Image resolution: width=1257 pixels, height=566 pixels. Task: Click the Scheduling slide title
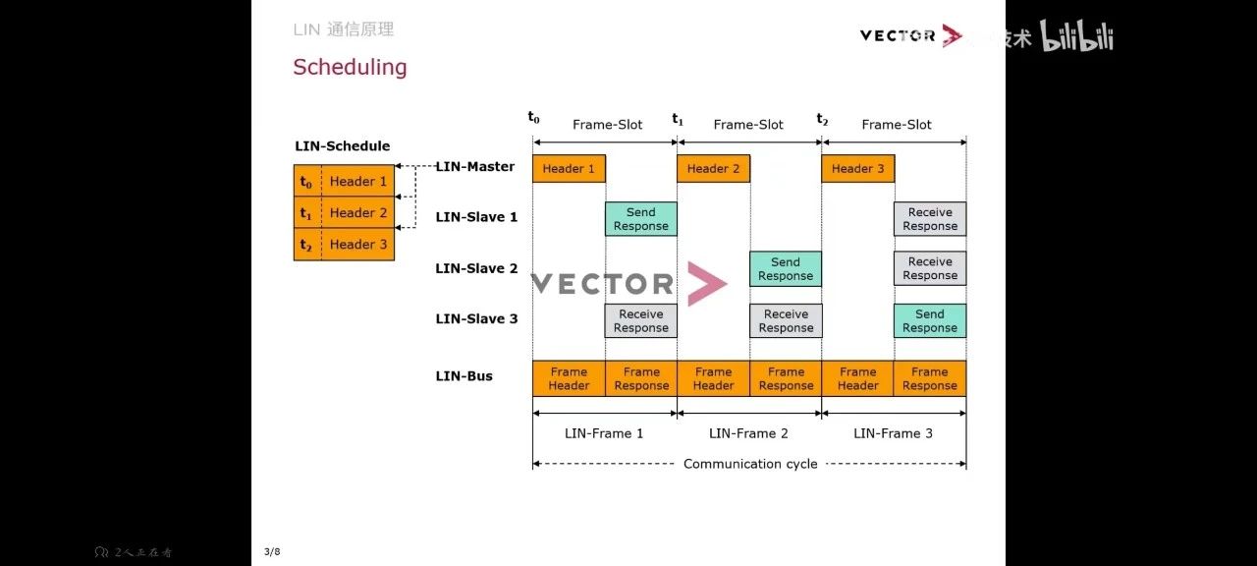[350, 67]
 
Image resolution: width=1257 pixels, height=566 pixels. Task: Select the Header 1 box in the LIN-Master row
[569, 168]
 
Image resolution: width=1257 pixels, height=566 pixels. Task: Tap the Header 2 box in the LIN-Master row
[713, 168]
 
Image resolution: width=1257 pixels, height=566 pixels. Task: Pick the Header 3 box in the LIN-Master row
[857, 168]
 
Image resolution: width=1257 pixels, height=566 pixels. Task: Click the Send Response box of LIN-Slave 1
[640, 219]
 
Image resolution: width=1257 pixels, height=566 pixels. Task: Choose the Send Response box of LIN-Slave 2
[786, 269]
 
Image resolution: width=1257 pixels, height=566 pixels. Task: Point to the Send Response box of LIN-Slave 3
[929, 321]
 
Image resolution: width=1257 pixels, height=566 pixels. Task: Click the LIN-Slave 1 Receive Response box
[929, 219]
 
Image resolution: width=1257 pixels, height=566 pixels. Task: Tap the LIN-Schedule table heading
[342, 145]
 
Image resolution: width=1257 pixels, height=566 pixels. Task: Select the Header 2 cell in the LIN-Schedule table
[357, 212]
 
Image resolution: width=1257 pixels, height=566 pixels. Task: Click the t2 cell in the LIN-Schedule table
[306, 245]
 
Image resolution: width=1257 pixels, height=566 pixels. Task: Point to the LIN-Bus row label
[464, 376]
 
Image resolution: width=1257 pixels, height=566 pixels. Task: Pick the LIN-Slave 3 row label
[476, 318]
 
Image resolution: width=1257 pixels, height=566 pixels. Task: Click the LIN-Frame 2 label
[748, 433]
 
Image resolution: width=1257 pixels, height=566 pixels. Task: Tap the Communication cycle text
[750, 464]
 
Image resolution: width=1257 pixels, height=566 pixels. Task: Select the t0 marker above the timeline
[533, 118]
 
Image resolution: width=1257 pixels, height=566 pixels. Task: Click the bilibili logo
[1076, 37]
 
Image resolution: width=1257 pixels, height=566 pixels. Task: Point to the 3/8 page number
[272, 552]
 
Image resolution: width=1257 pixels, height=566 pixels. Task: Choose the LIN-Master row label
[475, 166]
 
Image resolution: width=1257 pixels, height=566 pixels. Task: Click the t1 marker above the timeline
[678, 119]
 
